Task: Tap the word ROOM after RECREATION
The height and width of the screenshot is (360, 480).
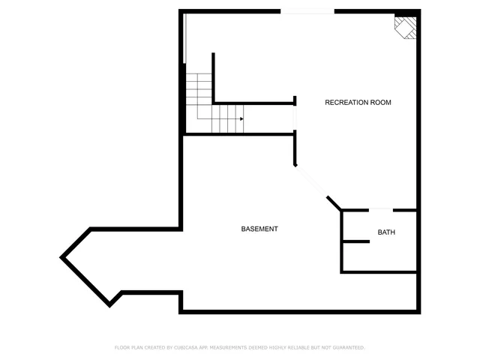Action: pos(381,102)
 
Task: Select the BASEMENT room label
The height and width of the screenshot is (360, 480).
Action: pos(259,229)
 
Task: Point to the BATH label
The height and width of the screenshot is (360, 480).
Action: pos(386,232)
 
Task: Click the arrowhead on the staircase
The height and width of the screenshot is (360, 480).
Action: pos(241,118)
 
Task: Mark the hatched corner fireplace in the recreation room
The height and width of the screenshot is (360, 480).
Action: pos(406,28)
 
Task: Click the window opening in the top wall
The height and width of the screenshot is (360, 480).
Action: pos(307,10)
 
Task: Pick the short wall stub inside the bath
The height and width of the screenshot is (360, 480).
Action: pos(356,241)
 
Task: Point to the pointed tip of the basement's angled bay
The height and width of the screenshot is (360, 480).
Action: pos(62,257)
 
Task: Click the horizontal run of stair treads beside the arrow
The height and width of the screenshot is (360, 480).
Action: pos(225,118)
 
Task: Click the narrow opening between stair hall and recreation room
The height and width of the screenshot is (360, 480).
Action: pos(295,118)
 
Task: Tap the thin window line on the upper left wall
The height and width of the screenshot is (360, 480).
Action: pos(184,37)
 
